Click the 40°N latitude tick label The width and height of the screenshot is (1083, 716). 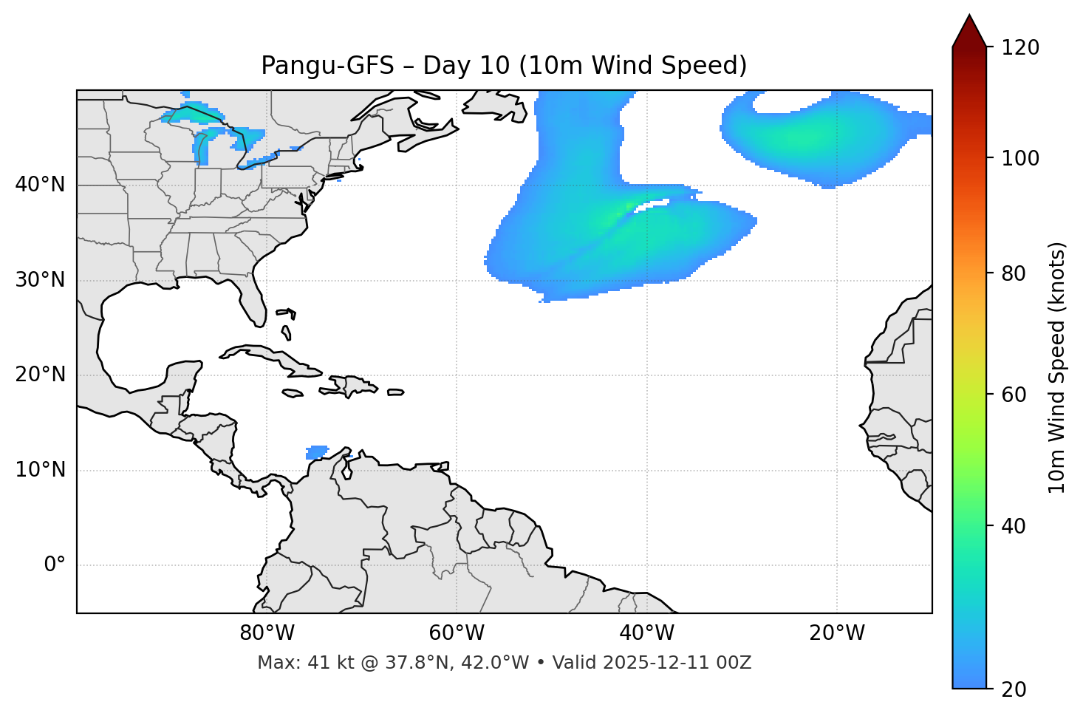(40, 185)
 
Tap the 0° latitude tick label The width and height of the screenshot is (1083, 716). (54, 565)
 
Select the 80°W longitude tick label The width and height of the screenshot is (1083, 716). (267, 633)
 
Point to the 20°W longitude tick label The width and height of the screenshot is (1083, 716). (837, 633)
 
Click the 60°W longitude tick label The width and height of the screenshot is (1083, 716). (457, 633)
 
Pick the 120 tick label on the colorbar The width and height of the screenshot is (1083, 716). (1020, 48)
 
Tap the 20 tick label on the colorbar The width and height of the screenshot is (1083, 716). (1014, 689)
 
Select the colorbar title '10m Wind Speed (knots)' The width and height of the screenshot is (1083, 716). (1057, 368)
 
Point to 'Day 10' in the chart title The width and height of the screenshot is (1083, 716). (466, 66)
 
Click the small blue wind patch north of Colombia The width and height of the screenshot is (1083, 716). (317, 451)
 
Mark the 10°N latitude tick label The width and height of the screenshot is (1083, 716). (40, 470)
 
